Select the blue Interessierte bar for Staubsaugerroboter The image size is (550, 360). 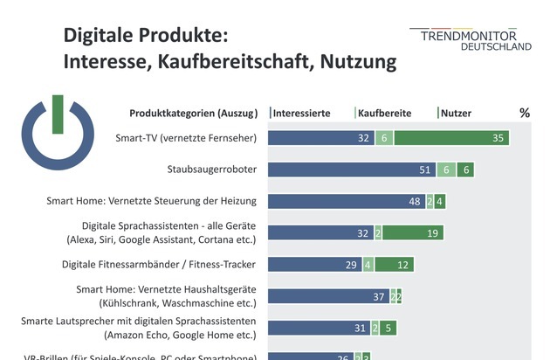tap(349, 170)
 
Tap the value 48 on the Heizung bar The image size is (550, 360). tap(416, 201)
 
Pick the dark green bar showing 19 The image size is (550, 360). tap(413, 232)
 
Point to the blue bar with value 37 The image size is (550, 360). tap(328, 295)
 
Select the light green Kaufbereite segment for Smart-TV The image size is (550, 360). tap(384, 138)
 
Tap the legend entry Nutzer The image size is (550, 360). tap(456, 113)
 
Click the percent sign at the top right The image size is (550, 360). tap(525, 113)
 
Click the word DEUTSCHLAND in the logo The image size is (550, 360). tap(496, 47)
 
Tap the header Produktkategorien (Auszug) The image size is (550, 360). tap(193, 113)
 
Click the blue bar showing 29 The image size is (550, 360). tap(314, 264)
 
